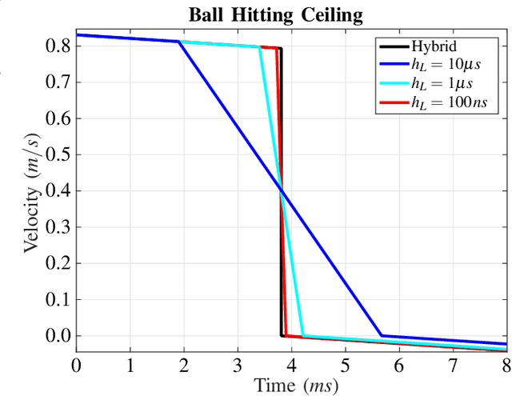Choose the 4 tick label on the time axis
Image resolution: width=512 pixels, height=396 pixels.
pyautogui.click(x=291, y=366)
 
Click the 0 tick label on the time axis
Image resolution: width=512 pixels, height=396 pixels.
pyautogui.click(x=76, y=366)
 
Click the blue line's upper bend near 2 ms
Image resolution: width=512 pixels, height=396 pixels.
pyautogui.click(x=178, y=42)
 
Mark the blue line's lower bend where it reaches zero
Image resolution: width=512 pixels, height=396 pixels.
pyautogui.click(x=382, y=335)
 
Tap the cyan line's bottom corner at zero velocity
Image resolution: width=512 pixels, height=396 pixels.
pyautogui.click(x=303, y=335)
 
